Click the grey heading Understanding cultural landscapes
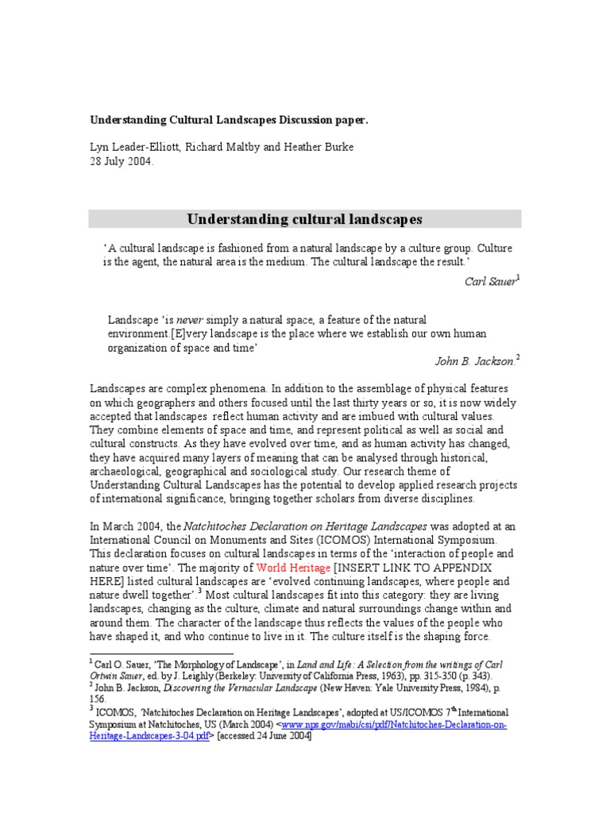(x=304, y=219)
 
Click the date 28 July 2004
(x=120, y=160)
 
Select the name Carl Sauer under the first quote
(x=490, y=281)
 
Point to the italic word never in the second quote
(x=188, y=319)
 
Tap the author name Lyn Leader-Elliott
(x=136, y=147)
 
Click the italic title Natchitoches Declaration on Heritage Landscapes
(x=306, y=526)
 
